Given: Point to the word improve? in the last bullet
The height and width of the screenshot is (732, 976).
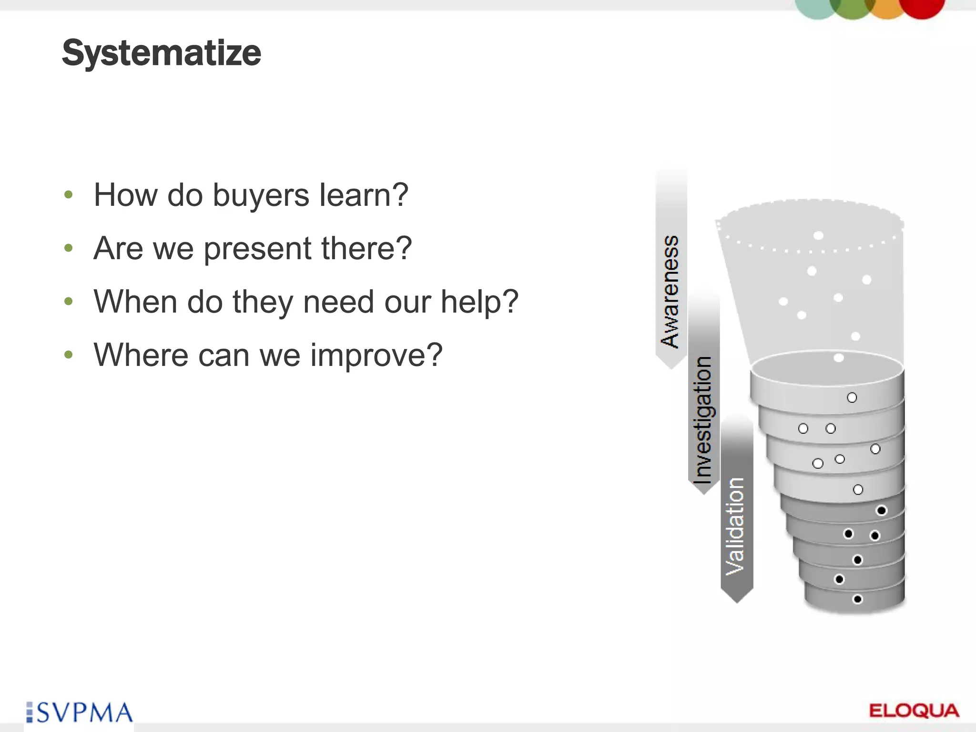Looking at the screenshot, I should (376, 356).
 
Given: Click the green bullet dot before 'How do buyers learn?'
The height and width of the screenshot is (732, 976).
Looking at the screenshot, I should (69, 195).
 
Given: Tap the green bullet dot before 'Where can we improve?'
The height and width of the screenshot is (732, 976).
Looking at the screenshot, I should (69, 355).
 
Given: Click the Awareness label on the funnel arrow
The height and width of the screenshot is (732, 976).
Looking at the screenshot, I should (670, 291).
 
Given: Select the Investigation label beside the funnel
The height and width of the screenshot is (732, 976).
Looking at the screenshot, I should (702, 419).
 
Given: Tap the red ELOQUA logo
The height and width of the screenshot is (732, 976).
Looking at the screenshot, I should (914, 711).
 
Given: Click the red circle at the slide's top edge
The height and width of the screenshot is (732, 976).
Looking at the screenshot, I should (923, 8).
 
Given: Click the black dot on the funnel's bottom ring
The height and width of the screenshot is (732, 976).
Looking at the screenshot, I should (857, 599).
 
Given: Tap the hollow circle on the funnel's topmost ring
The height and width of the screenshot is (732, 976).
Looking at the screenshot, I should (852, 397).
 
